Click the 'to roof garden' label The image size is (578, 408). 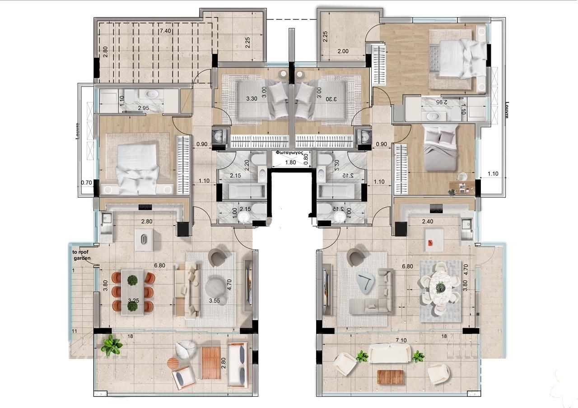[81, 255]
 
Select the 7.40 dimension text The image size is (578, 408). [165, 31]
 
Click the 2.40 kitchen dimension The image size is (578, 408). [427, 222]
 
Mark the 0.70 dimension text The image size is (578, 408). [86, 183]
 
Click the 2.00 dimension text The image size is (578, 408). [343, 51]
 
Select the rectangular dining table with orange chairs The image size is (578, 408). [132, 292]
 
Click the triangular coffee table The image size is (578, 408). [366, 283]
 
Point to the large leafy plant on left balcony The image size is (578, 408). [111, 346]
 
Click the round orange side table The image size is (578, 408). [173, 363]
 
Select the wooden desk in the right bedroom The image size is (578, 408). [462, 185]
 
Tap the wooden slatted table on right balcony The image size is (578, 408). [390, 376]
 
